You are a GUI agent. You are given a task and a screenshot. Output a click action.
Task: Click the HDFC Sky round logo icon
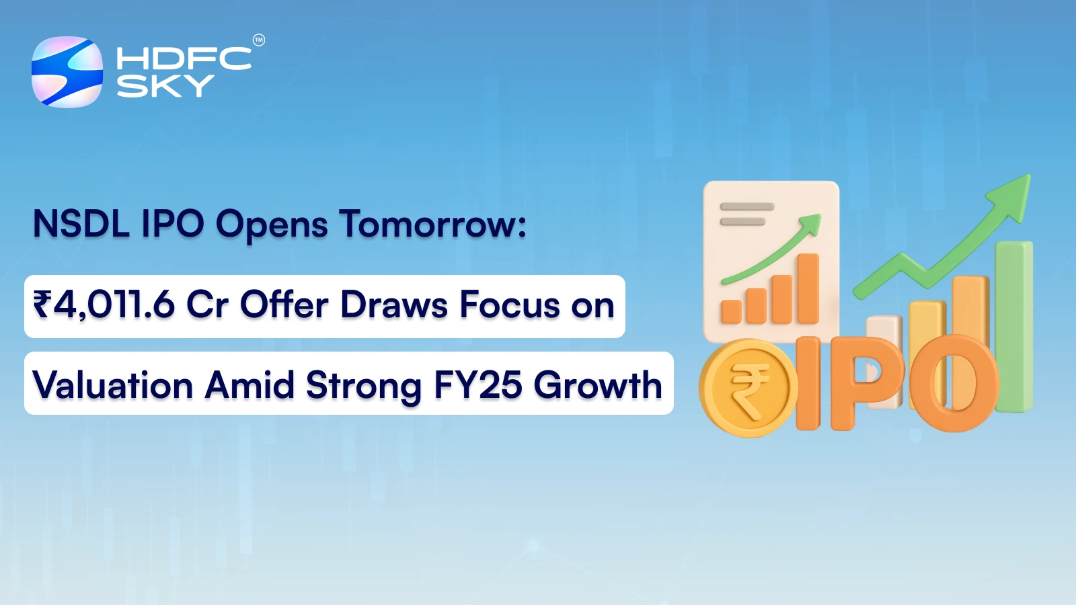(67, 72)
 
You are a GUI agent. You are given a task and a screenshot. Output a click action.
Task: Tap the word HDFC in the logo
(184, 59)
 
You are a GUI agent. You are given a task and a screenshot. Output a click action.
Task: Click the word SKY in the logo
(165, 86)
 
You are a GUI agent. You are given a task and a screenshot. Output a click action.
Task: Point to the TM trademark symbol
(259, 40)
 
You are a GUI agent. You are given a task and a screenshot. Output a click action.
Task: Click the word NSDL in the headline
(81, 224)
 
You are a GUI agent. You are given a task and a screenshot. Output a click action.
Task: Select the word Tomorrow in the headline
(432, 224)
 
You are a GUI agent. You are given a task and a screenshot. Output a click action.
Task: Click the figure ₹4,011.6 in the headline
(104, 305)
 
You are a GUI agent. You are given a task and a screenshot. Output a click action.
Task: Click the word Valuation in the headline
(113, 386)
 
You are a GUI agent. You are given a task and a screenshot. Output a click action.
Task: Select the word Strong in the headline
(364, 386)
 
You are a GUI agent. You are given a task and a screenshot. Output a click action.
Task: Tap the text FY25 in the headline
(477, 386)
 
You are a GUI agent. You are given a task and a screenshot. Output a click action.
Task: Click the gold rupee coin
(748, 388)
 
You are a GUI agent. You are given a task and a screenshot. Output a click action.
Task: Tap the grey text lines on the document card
(746, 214)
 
